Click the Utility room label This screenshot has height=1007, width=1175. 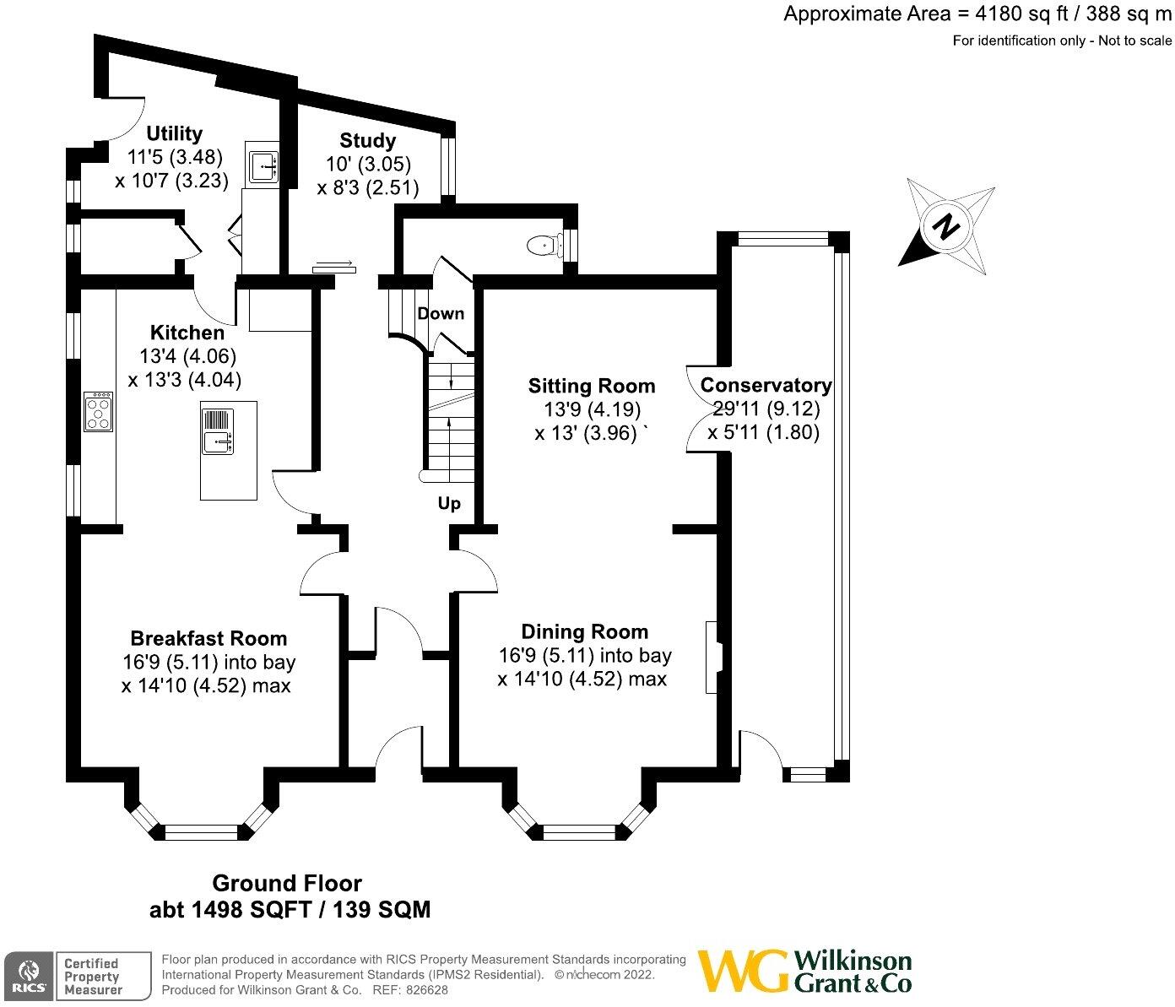click(x=175, y=133)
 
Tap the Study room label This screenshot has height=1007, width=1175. click(x=367, y=140)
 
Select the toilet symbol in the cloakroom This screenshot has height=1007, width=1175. click(x=543, y=246)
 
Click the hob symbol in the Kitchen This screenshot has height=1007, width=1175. click(x=99, y=412)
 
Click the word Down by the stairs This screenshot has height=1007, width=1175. click(x=441, y=314)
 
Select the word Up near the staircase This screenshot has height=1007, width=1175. click(x=449, y=504)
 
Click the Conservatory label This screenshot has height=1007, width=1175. click(x=766, y=386)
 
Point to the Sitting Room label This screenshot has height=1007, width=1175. click(x=592, y=387)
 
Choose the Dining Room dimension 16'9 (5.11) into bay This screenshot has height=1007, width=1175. click(x=585, y=655)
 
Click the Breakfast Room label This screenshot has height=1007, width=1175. click(x=208, y=639)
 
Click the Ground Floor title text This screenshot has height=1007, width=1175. click(x=287, y=884)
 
